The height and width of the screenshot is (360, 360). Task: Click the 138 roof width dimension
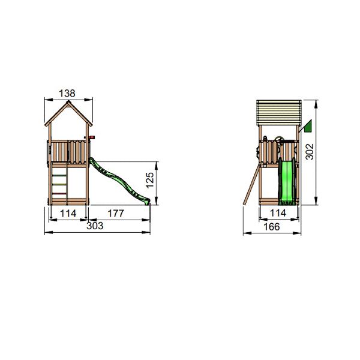click(67, 94)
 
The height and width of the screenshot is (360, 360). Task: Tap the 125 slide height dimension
click(149, 180)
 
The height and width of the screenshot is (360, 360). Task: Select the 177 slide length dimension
click(116, 214)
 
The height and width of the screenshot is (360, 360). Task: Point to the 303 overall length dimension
click(95, 226)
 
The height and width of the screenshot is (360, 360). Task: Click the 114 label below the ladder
click(68, 214)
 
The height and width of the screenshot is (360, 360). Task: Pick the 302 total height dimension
click(310, 152)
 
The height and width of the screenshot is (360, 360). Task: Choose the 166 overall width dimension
click(272, 227)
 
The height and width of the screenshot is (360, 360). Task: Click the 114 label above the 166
click(278, 213)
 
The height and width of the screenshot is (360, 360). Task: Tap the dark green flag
click(308, 126)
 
